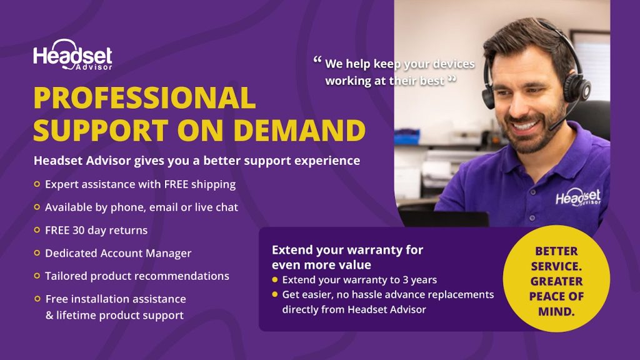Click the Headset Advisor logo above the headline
pos(72,55)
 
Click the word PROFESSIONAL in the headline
pos(144,98)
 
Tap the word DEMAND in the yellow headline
pos(299,130)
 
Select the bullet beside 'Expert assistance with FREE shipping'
pos(37,184)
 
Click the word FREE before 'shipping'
pos(176,184)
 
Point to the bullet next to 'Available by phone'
pos(37,207)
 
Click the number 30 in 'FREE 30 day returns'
pos(78,230)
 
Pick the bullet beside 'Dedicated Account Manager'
pos(37,253)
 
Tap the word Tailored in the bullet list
pos(66,276)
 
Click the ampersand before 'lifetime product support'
pos(49,315)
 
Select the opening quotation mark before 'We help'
pos(317,60)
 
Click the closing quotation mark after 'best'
pos(452,78)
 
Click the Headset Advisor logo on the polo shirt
pos(578,197)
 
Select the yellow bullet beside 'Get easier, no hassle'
pos(275,294)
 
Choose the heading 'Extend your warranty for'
pos(347,250)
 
